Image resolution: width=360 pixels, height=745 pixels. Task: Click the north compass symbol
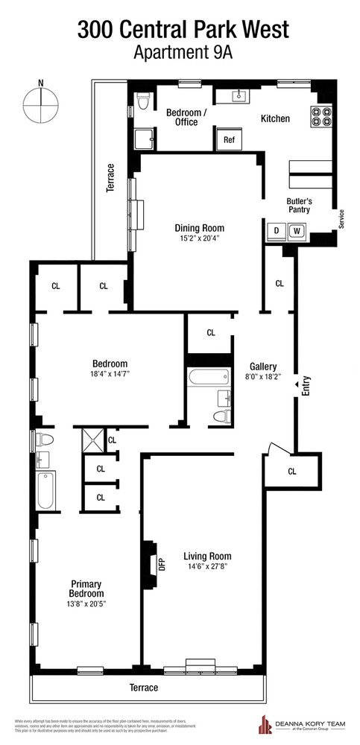click(x=42, y=105)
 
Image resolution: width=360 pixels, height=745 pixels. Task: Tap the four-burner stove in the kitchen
click(x=320, y=117)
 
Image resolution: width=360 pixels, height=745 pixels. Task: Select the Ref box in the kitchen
click(x=229, y=139)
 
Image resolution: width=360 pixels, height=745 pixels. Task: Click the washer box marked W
click(x=296, y=231)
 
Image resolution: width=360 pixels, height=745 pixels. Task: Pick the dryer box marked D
click(x=277, y=231)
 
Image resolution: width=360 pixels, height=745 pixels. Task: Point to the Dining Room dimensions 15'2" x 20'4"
click(x=199, y=239)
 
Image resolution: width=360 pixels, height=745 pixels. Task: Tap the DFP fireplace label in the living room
click(x=162, y=563)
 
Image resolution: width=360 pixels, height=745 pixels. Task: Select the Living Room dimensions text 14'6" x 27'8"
click(x=207, y=567)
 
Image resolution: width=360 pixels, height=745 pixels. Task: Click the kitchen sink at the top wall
click(x=240, y=95)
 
